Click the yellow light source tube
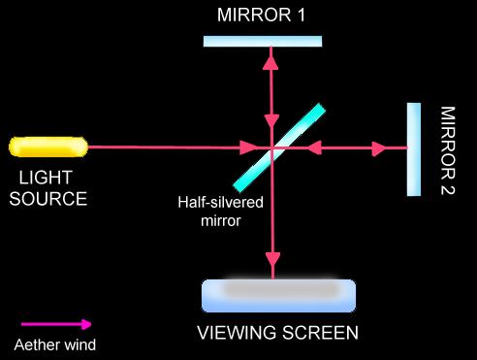pos(48,147)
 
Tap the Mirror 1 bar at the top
pos(263,42)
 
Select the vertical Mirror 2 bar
pos(414,149)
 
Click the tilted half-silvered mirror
pos(279,147)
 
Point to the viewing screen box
pos(278,296)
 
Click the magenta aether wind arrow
pos(56,324)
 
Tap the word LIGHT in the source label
pos(46,178)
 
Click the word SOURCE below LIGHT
pos(48,199)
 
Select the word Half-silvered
pos(220,203)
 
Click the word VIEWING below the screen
pos(238,333)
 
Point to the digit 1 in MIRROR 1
pos(302,15)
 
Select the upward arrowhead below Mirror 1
pos(270,62)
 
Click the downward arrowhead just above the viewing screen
pos(272,259)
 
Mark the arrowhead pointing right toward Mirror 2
pos(379,148)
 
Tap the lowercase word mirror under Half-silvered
pos(221,221)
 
